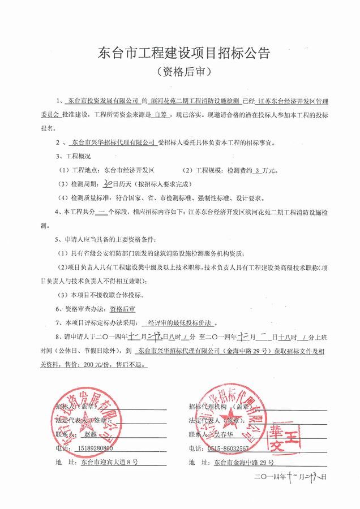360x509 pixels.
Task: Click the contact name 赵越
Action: (91, 434)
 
